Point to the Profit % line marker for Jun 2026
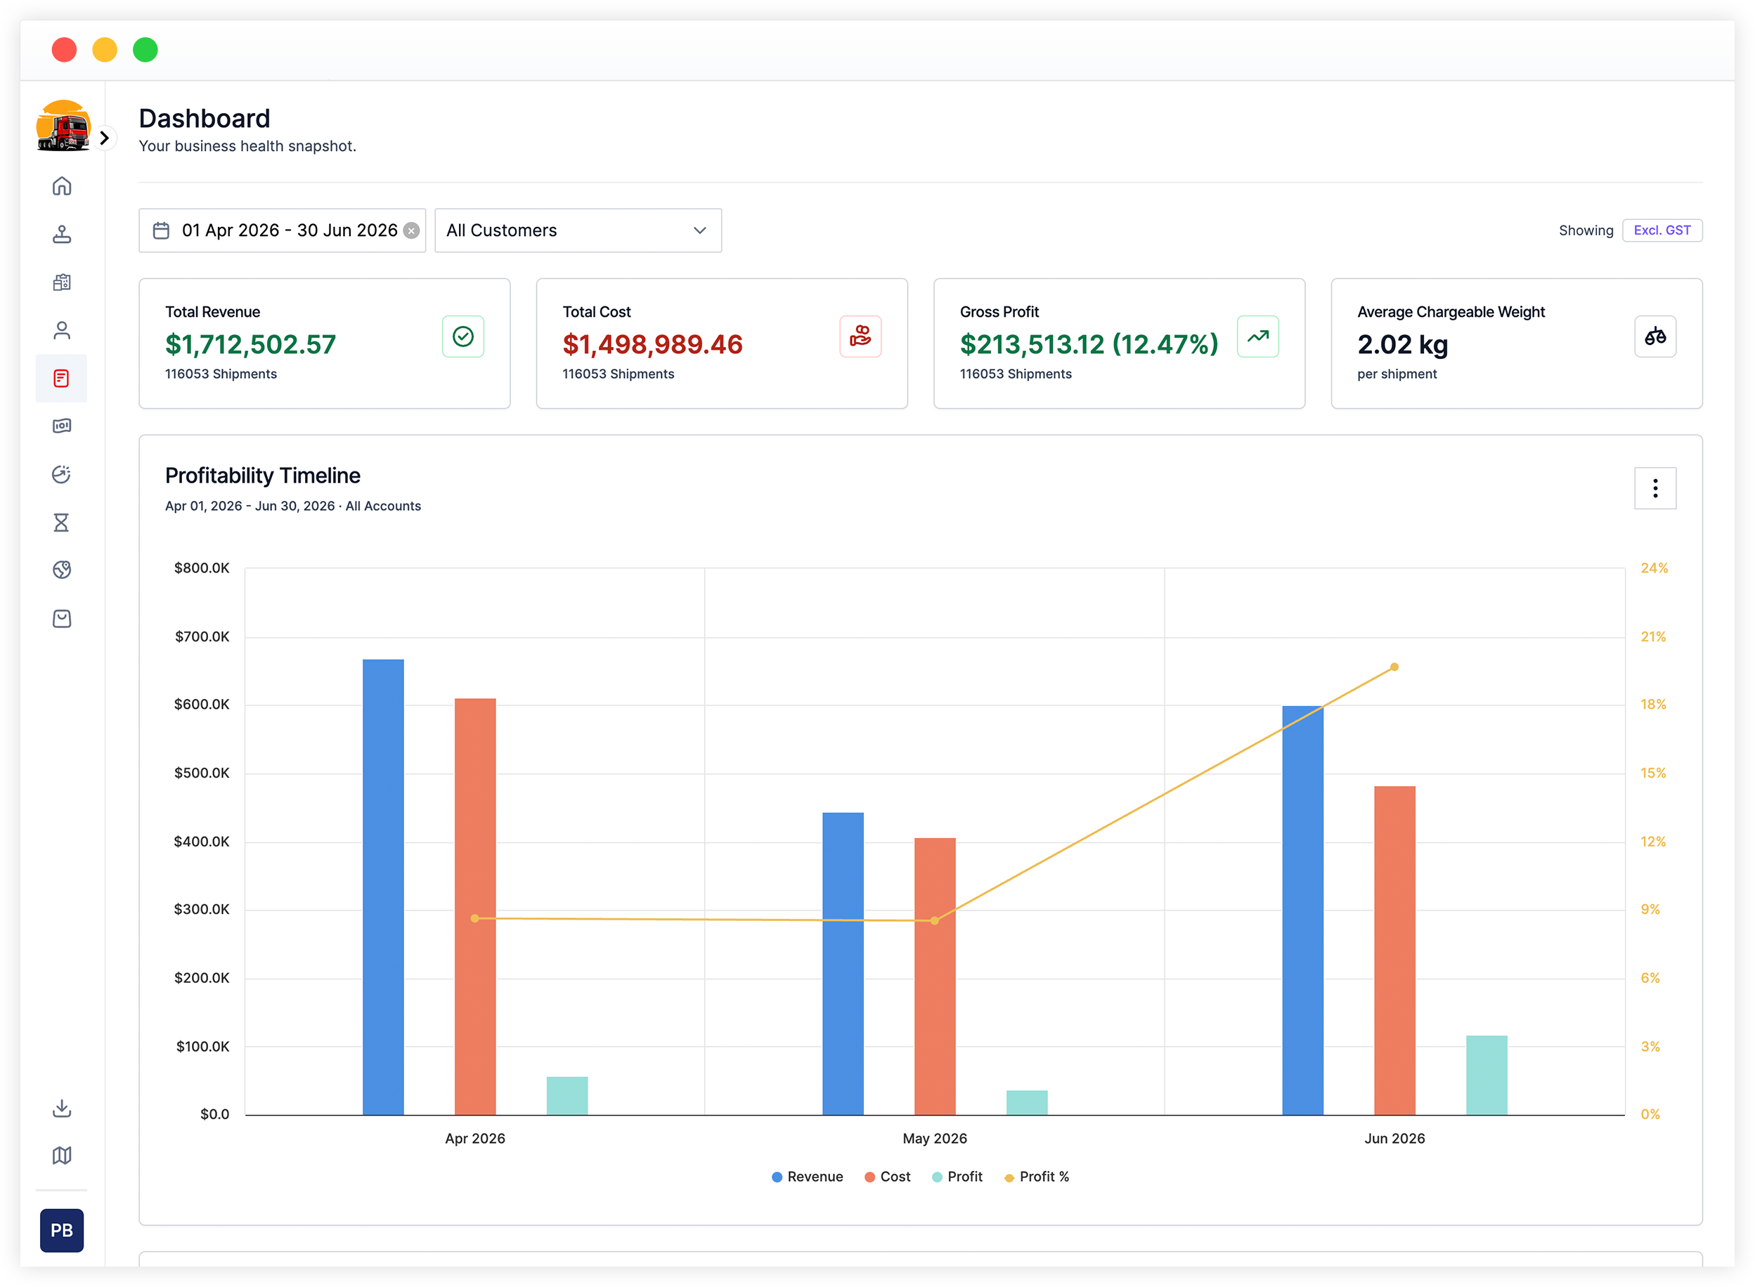click(1394, 667)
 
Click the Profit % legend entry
click(1037, 1177)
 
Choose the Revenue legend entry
click(808, 1177)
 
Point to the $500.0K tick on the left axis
click(202, 773)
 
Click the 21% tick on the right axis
click(1653, 636)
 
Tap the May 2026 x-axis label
click(934, 1138)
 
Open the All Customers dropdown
click(578, 230)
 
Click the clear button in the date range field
click(411, 230)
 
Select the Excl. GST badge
click(1662, 230)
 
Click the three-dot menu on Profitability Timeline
click(1654, 488)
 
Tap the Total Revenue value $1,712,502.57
click(250, 344)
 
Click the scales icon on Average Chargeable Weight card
click(1654, 337)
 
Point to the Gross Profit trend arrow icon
click(1257, 337)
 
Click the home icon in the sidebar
click(62, 186)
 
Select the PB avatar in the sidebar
click(62, 1230)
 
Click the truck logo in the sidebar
click(63, 126)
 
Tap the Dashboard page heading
click(205, 119)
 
